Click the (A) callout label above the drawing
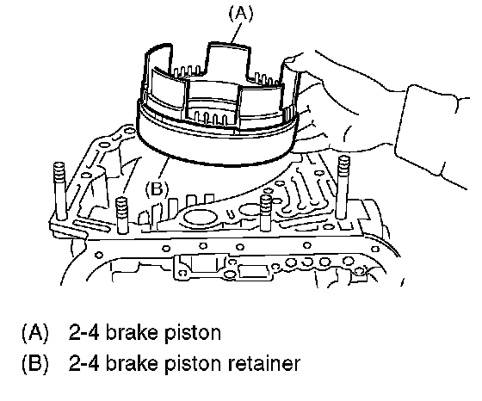[241, 14]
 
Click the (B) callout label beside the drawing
[157, 188]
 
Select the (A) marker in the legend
[35, 333]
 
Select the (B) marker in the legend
[35, 363]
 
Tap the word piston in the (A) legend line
[193, 333]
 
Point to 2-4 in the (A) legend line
[83, 332]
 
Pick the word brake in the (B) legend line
[132, 363]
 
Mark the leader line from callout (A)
[237, 33]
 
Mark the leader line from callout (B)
[164, 168]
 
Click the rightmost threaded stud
[343, 187]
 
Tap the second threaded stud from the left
[122, 215]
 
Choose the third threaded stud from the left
[266, 213]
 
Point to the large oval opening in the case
[200, 218]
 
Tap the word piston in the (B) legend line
[193, 364]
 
